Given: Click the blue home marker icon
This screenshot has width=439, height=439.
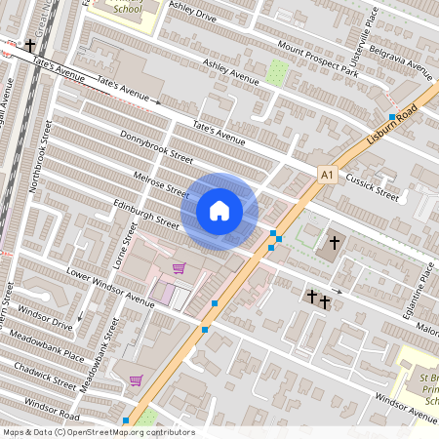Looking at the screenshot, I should [x=219, y=210].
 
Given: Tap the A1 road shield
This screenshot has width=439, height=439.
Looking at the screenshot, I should [x=328, y=175].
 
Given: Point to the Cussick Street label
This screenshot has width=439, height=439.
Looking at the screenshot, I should [x=375, y=186].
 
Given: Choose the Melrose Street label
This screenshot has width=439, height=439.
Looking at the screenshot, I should [x=162, y=182].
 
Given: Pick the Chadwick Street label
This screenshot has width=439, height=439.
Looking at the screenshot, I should [x=44, y=377].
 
